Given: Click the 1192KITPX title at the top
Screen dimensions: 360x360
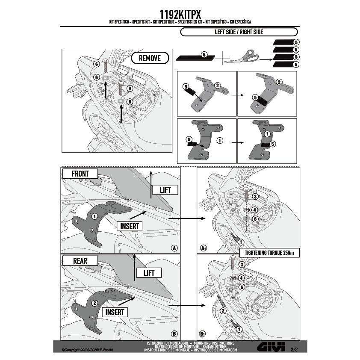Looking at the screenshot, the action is (x=180, y=15).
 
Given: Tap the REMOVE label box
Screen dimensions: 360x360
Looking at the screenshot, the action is (x=150, y=58).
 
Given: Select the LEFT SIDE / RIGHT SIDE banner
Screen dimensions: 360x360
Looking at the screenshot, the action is (x=239, y=32).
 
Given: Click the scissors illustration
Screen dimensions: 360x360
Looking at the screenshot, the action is (x=241, y=57).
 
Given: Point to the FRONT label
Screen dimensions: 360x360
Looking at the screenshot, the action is (x=80, y=174).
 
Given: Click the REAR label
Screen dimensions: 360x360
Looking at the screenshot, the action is (x=80, y=261).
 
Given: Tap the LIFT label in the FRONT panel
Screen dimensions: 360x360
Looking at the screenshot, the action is (x=165, y=190).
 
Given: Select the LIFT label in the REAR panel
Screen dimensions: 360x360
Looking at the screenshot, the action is (x=149, y=273).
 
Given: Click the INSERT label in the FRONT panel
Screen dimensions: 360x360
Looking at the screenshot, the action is (x=130, y=226).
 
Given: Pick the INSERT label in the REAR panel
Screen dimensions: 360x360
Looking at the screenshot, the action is (x=114, y=312).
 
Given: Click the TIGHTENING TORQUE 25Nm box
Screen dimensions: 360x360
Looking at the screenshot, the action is (x=269, y=253).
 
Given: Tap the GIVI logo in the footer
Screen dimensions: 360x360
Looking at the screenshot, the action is (x=271, y=347).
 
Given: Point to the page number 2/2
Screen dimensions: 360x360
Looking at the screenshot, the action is (x=294, y=350).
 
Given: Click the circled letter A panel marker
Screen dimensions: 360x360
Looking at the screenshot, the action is (x=174, y=248).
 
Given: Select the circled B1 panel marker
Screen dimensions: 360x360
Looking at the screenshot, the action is (x=203, y=333).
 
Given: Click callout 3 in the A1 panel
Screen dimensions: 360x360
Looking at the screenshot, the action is (x=255, y=196).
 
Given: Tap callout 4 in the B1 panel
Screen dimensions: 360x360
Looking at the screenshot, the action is (x=241, y=278).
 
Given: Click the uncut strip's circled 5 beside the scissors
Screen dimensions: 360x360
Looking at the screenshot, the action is (x=204, y=55).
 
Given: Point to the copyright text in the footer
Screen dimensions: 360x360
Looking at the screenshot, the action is (x=88, y=350).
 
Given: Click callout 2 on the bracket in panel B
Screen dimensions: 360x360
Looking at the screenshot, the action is (x=94, y=303).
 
